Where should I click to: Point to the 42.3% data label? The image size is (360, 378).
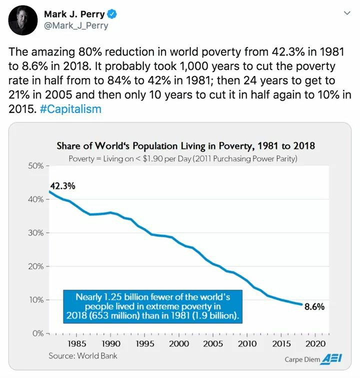62,186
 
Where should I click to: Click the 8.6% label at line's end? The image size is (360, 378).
314,307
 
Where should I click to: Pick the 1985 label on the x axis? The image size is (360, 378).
76,343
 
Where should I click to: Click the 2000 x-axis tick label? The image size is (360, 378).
178,343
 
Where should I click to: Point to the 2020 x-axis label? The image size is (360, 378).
315,343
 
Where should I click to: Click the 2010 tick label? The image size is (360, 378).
247,343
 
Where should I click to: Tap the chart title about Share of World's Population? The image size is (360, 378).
185,146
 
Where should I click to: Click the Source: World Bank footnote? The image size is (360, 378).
82,355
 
